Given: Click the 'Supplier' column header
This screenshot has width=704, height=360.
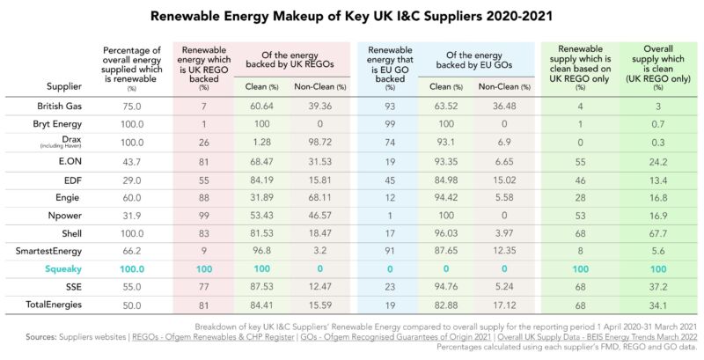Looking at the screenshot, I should coord(63,86).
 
